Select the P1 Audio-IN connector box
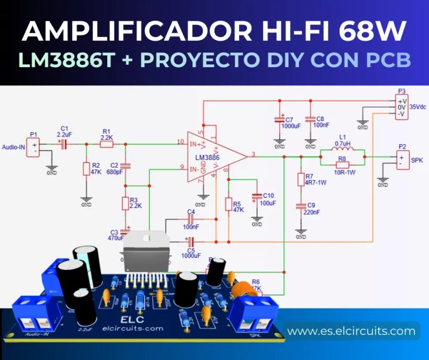(x=34, y=147)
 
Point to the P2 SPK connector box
(x=401, y=161)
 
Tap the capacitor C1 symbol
(x=63, y=144)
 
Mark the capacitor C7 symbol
(x=279, y=120)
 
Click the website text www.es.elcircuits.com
(x=351, y=331)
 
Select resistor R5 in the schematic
(x=228, y=204)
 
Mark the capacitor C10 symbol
(x=257, y=197)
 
